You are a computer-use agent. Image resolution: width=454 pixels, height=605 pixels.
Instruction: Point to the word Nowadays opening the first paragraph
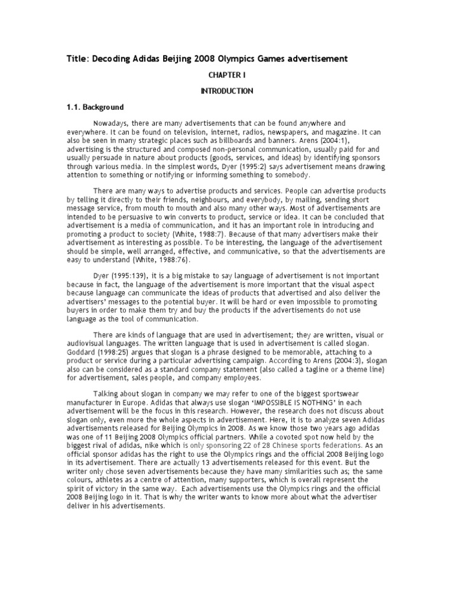point(111,123)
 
